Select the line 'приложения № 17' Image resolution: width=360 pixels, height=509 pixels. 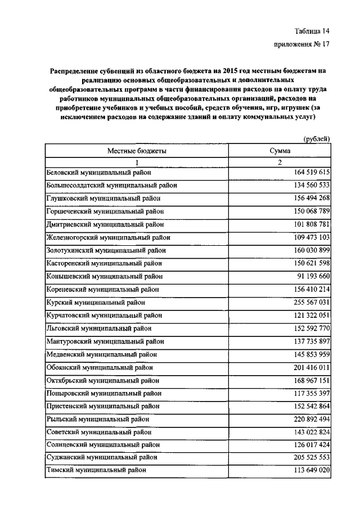(301, 47)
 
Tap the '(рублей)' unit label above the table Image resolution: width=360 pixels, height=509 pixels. (316, 139)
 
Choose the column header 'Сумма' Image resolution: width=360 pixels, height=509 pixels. (280, 151)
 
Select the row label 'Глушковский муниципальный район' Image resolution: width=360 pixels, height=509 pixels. (103, 199)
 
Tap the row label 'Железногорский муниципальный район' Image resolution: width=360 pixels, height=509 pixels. (108, 237)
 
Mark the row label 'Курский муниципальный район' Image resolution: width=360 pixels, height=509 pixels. (95, 302)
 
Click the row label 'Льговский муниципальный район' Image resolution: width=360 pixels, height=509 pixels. (98, 328)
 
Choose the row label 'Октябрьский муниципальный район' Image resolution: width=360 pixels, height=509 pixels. (102, 380)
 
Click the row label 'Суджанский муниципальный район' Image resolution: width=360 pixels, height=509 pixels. (101, 457)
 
